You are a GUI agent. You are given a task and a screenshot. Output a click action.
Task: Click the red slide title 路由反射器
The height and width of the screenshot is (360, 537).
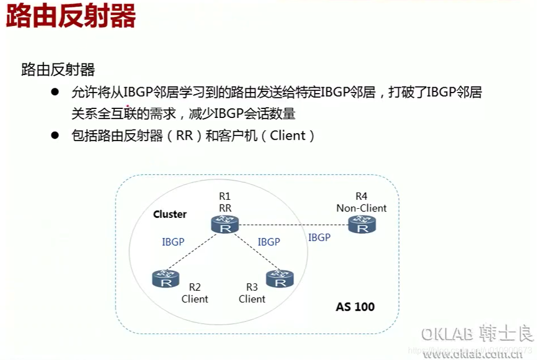coord(71,16)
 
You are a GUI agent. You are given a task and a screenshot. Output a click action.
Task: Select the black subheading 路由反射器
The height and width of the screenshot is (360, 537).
coord(58,70)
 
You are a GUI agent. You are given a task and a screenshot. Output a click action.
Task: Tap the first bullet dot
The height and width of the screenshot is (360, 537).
coord(54,92)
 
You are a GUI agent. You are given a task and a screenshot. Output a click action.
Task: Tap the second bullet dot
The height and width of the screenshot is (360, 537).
coord(54,135)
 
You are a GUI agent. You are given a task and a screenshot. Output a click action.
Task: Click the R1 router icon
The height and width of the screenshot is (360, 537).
coord(225,224)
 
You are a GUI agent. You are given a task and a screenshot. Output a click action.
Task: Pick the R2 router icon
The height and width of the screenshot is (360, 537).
coord(166,278)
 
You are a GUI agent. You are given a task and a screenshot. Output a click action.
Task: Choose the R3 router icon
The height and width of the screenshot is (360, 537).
coord(280,278)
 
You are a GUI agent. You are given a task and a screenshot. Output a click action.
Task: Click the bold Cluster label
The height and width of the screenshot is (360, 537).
coord(170,214)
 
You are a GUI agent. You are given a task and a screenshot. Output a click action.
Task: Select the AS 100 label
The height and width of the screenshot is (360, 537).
coord(355,307)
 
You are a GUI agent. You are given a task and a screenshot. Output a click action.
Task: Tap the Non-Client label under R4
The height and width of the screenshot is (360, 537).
coord(361,208)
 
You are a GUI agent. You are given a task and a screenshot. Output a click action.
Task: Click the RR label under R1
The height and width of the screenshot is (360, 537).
coord(225,208)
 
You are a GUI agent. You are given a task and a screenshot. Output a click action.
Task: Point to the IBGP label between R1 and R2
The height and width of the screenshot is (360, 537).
coord(173,242)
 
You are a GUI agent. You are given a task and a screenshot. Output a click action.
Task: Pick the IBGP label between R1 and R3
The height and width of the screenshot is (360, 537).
coord(269,242)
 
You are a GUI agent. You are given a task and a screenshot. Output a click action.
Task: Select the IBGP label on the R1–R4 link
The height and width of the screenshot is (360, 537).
coord(319,238)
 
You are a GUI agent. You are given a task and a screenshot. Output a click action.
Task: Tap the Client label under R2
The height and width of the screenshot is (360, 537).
coord(195,299)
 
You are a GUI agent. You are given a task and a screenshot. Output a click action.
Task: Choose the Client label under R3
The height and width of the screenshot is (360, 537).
coord(252,299)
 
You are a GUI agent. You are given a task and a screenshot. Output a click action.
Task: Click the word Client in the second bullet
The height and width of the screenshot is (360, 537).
coord(288,135)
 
